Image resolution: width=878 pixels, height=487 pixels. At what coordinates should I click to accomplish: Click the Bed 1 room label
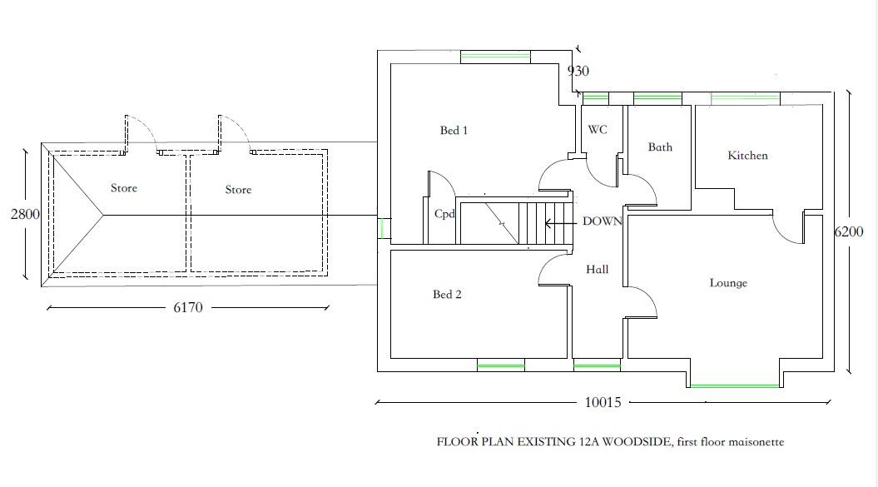click(454, 131)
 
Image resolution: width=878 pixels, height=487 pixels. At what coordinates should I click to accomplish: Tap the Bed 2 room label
click(447, 294)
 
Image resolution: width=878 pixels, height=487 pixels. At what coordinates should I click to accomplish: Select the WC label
click(598, 130)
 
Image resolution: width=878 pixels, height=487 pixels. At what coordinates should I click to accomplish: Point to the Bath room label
click(660, 147)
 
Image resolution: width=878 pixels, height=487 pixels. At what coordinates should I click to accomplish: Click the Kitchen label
click(747, 155)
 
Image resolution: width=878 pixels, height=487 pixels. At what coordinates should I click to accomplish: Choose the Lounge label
click(728, 283)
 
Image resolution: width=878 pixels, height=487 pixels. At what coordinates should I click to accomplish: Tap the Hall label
click(597, 270)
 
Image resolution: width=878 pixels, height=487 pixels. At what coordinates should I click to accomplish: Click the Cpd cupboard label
click(444, 213)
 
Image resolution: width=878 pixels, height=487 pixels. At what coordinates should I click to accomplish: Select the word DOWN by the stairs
click(602, 221)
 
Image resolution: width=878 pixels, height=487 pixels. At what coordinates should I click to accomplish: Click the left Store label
click(124, 188)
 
